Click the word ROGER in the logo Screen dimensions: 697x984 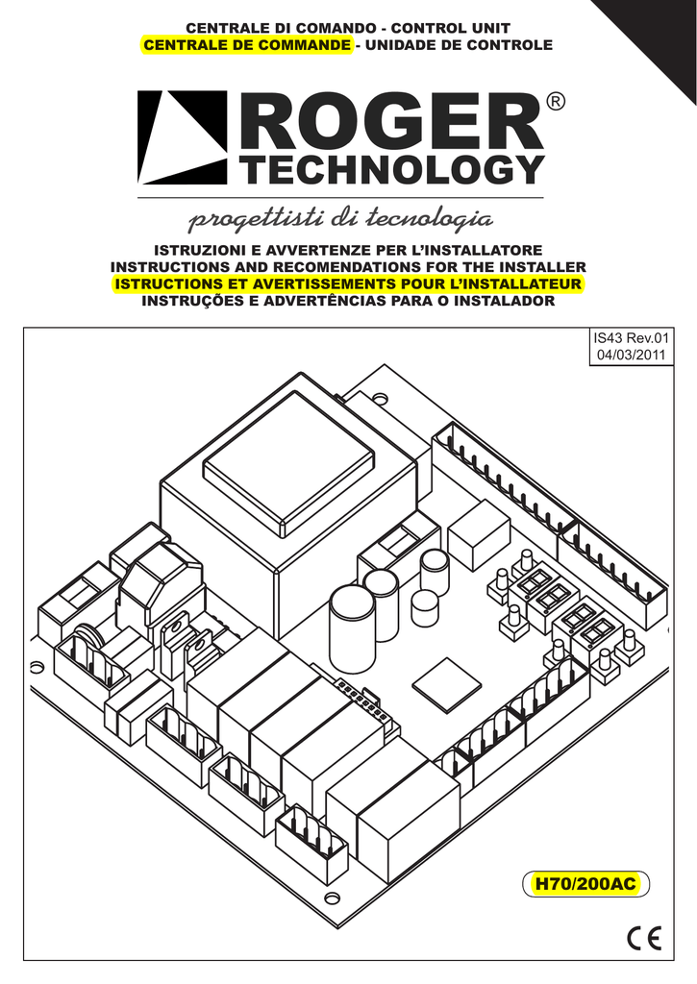point(392,121)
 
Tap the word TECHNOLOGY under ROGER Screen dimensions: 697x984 point(394,168)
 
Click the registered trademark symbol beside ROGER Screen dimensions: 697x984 point(556,102)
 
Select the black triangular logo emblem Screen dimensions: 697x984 point(183,137)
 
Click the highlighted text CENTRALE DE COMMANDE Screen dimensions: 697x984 point(247,45)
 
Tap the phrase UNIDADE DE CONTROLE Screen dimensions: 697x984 point(459,45)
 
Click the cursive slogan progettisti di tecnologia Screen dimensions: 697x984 point(340,220)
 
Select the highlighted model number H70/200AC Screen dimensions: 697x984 point(585,884)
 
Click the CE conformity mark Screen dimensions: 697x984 point(644,938)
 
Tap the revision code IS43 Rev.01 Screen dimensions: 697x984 point(631,338)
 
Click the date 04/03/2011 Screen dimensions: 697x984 point(631,355)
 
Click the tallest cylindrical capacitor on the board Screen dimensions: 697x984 point(351,627)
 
